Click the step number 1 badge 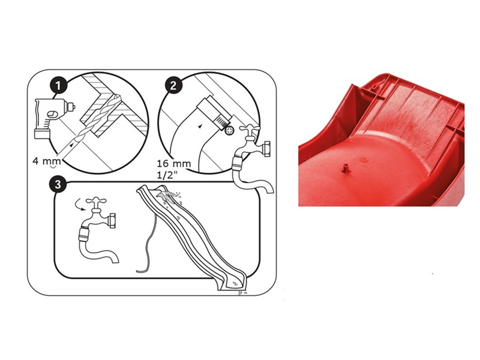(58, 85)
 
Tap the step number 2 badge (173, 85)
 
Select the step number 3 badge (57, 185)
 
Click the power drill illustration (53, 118)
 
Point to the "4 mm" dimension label (47, 161)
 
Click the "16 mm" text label (174, 163)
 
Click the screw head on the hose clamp (229, 131)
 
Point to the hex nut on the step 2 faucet (266, 149)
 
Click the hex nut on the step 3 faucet (112, 221)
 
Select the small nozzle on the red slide (345, 169)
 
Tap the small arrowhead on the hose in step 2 (200, 126)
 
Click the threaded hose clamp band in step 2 (221, 121)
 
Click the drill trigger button (52, 114)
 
